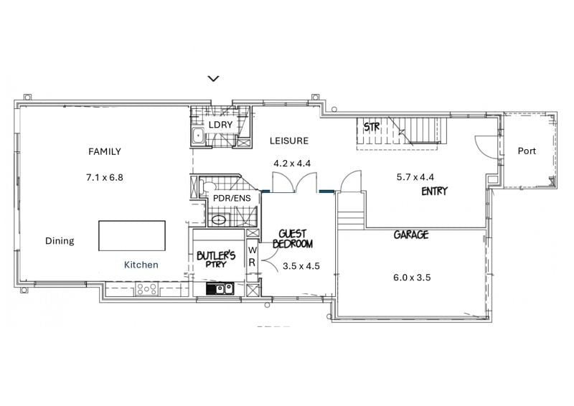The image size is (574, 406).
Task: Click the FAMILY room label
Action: [x=105, y=151]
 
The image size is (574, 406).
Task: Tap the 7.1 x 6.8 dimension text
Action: [x=105, y=178]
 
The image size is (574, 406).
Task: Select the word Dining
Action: [x=60, y=241]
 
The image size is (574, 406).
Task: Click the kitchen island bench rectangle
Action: [x=132, y=236]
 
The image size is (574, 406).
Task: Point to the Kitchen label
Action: [x=141, y=265]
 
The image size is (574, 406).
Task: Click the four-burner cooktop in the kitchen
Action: [x=146, y=289]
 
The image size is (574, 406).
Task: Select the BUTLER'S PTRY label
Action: [x=216, y=259]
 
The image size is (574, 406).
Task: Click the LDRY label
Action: [x=220, y=125]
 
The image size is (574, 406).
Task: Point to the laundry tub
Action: [x=198, y=136]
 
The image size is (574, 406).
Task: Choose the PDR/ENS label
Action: [x=232, y=199]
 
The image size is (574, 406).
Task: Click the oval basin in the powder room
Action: [x=219, y=220]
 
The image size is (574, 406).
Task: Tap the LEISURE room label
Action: [x=289, y=141]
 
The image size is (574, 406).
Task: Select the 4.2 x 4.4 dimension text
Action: [x=292, y=164]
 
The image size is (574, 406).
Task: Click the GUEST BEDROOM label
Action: [x=293, y=239]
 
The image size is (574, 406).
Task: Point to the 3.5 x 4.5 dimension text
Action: [x=301, y=266]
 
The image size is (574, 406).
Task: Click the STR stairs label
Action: [x=372, y=127]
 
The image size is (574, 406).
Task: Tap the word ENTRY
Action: [x=435, y=191]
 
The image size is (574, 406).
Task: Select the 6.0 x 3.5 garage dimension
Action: [x=412, y=278]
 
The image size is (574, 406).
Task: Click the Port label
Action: [x=527, y=151]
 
